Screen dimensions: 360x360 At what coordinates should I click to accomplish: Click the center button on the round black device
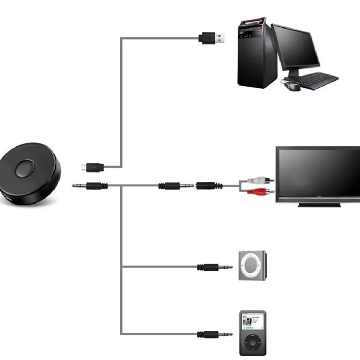25,169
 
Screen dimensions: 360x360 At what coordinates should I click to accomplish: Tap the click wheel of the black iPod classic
252,343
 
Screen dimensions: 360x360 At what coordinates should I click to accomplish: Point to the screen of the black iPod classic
252,321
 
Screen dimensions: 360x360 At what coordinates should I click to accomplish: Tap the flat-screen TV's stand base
319,205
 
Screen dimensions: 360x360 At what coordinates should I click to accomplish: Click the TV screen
319,173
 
